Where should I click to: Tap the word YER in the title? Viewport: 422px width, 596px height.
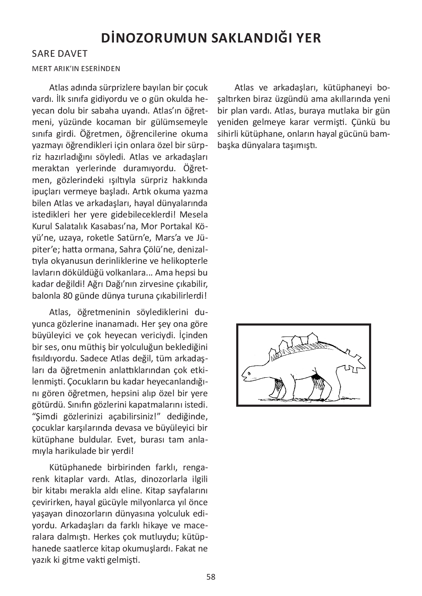point(307,38)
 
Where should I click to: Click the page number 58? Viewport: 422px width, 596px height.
point(211,577)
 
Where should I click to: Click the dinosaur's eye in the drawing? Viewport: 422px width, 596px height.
point(248,370)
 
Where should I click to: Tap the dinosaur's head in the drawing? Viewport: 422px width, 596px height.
point(251,374)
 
